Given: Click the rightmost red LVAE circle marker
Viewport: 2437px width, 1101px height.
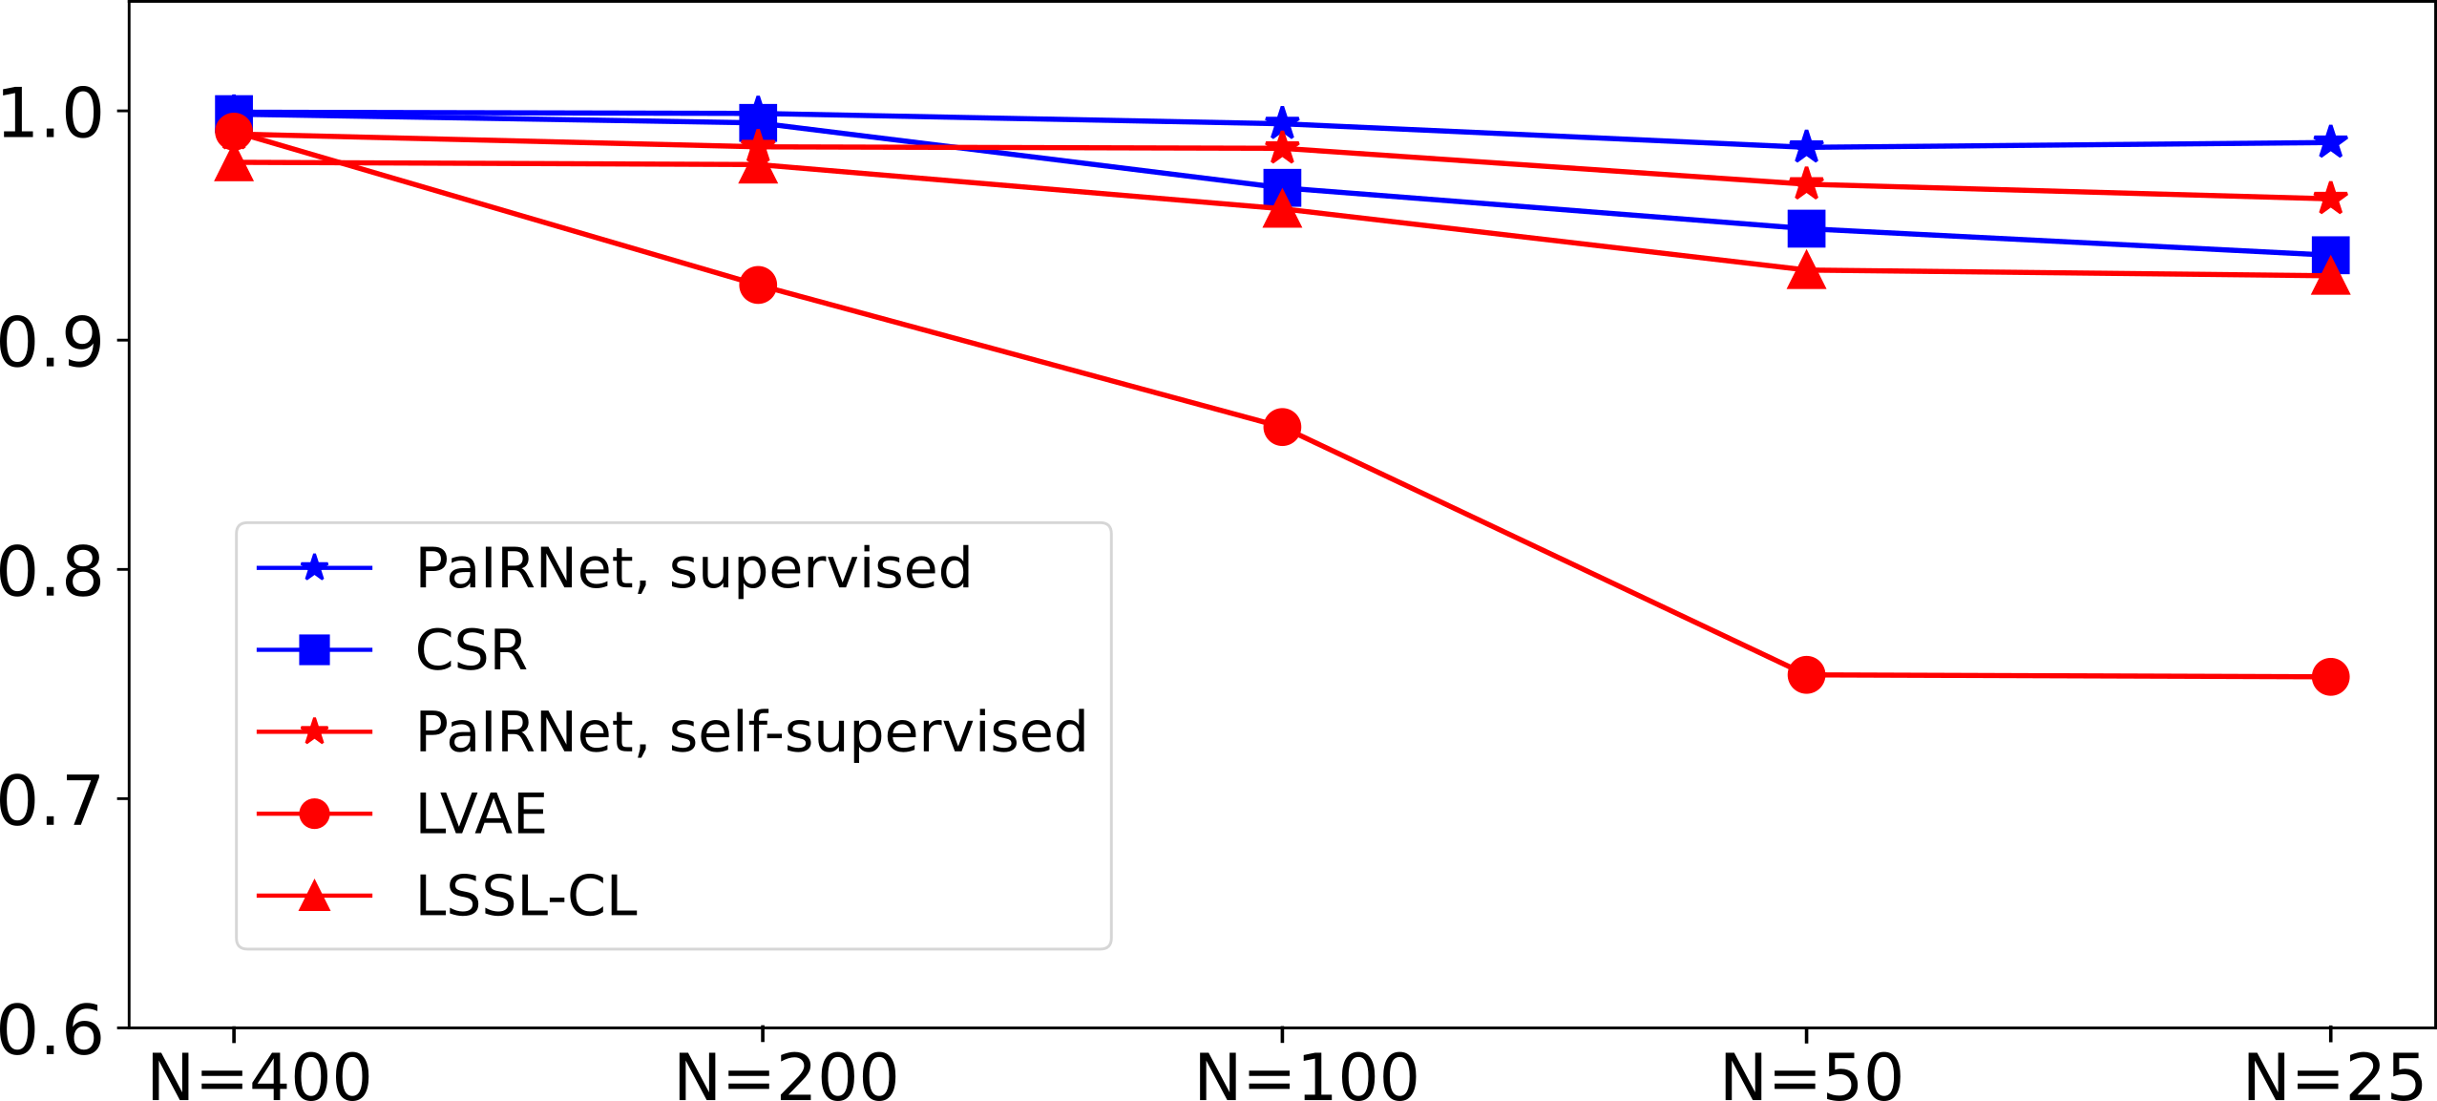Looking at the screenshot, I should (2330, 677).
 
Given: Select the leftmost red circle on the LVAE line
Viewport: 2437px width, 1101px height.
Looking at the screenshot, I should (234, 132).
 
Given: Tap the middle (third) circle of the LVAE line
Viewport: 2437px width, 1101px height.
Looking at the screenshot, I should (1282, 427).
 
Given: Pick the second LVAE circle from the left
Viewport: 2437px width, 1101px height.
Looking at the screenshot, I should (758, 285).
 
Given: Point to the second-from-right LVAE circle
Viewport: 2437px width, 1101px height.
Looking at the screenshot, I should (1806, 675).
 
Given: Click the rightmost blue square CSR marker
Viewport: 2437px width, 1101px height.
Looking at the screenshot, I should (2330, 255).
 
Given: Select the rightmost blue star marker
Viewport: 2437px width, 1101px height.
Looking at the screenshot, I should (2330, 142).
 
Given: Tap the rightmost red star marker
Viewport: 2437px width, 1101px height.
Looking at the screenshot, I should (2330, 199).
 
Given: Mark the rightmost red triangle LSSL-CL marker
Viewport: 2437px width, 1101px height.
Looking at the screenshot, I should (2330, 279).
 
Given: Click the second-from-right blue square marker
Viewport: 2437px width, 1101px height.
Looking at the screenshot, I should (1806, 229).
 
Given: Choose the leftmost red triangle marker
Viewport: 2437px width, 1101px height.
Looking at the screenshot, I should (234, 165).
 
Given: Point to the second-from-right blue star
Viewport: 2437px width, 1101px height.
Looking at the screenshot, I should (1806, 147).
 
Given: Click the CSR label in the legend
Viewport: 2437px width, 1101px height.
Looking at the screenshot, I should (471, 650).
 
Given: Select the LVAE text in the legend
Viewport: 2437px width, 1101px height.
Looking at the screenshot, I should (480, 815).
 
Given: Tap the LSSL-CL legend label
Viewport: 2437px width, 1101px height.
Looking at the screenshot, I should (526, 897).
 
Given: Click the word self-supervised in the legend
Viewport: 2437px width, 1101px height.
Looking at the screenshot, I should (878, 732).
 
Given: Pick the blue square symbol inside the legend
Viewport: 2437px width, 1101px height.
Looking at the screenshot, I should (314, 650).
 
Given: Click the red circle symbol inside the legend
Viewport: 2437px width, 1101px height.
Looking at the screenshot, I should (314, 814).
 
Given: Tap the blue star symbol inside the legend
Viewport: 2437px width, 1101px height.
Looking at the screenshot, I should (314, 568).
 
